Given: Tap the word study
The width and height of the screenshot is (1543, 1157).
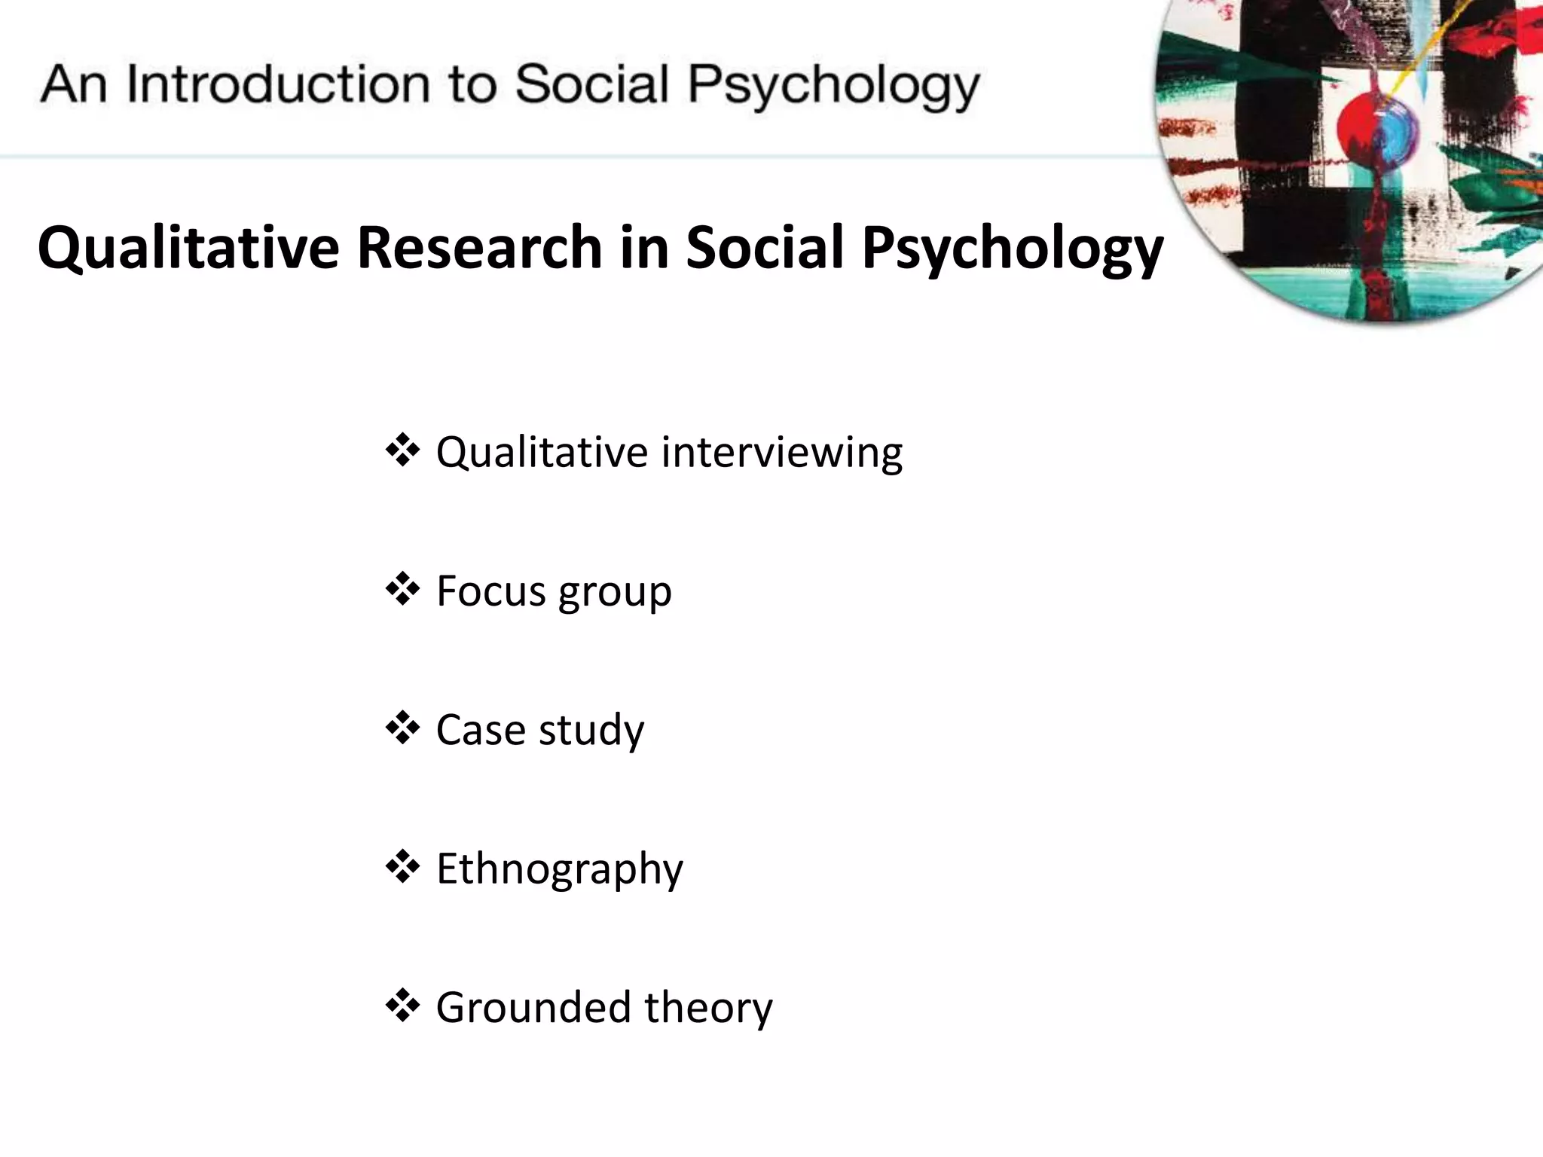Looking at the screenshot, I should pyautogui.click(x=591, y=731).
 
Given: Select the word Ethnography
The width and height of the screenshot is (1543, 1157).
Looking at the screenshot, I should pyautogui.click(x=560, y=869).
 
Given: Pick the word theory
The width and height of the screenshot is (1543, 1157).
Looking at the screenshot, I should pyautogui.click(x=708, y=1008).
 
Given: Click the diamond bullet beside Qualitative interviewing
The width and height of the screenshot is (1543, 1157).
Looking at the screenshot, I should pyautogui.click(x=402, y=450).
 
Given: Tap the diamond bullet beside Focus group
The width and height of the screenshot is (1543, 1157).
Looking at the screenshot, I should pyautogui.click(x=402, y=589).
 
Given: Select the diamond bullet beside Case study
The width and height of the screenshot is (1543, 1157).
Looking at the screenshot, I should pyautogui.click(x=402, y=728).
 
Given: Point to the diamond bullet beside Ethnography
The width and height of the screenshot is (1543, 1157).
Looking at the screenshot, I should pyautogui.click(x=402, y=866).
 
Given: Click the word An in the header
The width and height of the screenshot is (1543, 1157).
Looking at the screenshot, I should pyautogui.click(x=73, y=84).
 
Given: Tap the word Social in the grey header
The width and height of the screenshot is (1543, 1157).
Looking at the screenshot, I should pyautogui.click(x=591, y=84).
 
